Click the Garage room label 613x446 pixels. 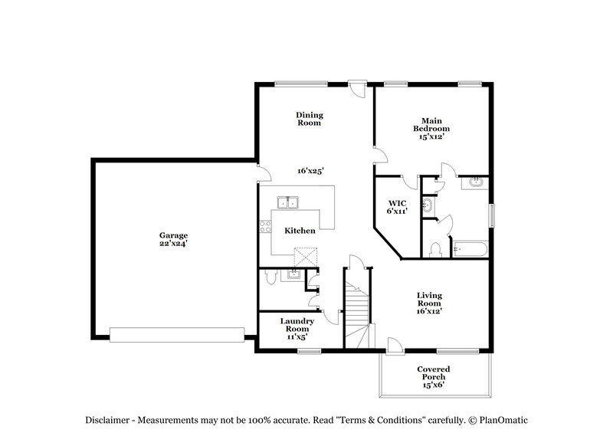[173, 235]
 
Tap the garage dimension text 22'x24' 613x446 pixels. [173, 243]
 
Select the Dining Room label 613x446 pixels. [309, 118]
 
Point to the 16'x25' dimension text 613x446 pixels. [309, 171]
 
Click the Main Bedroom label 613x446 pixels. [431, 128]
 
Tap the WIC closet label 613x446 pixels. [397, 202]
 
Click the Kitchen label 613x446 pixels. [299, 230]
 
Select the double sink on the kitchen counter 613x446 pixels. [288, 203]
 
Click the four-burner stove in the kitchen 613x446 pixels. [266, 226]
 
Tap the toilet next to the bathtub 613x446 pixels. [435, 250]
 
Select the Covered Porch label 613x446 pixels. [434, 376]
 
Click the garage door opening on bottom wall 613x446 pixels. [176, 334]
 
